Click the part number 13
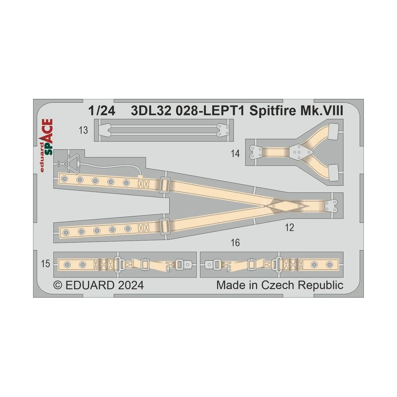click(x=83, y=130)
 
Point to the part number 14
click(x=235, y=154)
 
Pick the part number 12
click(x=289, y=228)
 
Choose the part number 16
click(x=235, y=243)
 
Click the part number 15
click(x=45, y=264)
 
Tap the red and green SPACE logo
click(x=47, y=146)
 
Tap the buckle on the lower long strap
click(x=164, y=226)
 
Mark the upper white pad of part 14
click(x=334, y=130)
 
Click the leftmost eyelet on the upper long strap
click(x=64, y=179)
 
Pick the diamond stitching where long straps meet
click(x=285, y=205)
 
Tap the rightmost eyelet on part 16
click(x=330, y=264)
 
